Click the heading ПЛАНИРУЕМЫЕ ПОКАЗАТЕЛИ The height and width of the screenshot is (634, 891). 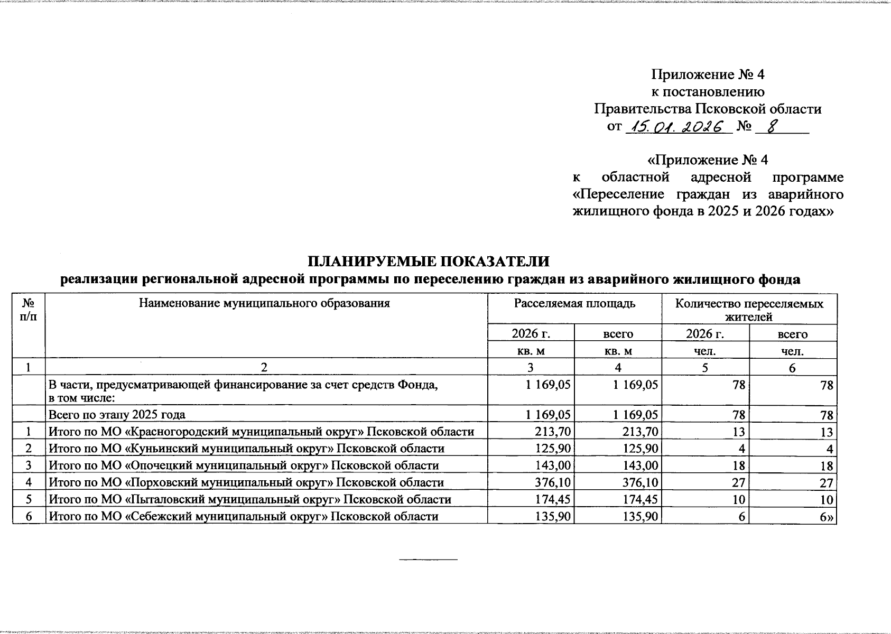pos(429,262)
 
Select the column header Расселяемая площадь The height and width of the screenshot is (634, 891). pos(574,304)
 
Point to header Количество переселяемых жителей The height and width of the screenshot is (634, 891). pos(749,310)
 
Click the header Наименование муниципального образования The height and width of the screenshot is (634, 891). pos(264,303)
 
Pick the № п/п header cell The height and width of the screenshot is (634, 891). pos(29,310)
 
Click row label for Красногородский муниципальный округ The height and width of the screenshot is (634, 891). pos(261,432)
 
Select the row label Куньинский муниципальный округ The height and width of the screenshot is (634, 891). pos(246,449)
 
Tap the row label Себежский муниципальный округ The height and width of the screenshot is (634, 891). pos(243,516)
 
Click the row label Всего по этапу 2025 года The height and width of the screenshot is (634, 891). pos(117,414)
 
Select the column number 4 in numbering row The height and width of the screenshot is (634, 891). pos(618,367)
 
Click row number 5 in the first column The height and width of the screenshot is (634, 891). pos(29,499)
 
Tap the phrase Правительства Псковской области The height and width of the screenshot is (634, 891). pos(708,109)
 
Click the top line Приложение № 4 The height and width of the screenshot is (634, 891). pos(708,74)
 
